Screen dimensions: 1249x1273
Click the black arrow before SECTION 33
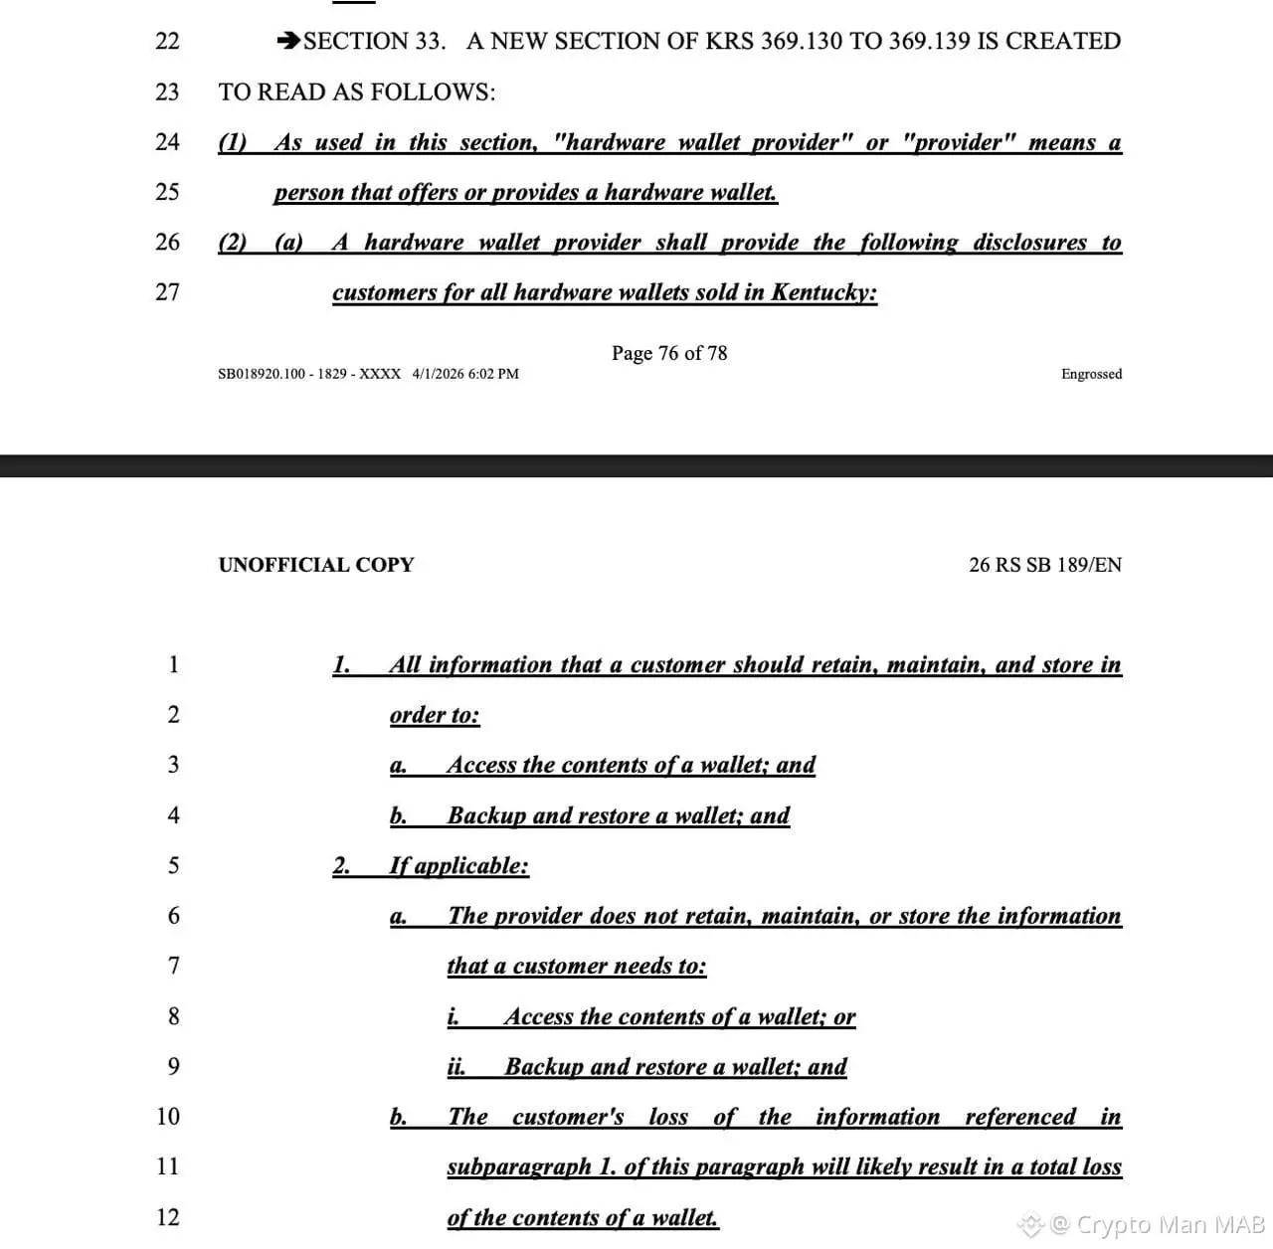tap(288, 41)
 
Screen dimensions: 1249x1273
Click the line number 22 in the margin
tap(167, 41)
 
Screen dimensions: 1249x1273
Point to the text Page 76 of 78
tap(669, 353)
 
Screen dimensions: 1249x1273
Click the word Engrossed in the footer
tap(1091, 374)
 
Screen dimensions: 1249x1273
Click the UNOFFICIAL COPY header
tap(316, 565)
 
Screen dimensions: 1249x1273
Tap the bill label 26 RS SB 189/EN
tap(1045, 565)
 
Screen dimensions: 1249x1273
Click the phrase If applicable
tap(458, 865)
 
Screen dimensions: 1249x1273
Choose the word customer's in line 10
tap(568, 1117)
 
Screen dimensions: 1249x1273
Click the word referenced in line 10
tap(1020, 1117)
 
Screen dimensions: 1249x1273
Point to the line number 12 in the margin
tap(167, 1217)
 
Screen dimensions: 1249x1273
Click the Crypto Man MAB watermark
tap(1157, 1223)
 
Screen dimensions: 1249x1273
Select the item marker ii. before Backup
tap(455, 1067)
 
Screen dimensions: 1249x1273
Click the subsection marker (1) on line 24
tap(232, 142)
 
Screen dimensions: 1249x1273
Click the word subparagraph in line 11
tap(518, 1166)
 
